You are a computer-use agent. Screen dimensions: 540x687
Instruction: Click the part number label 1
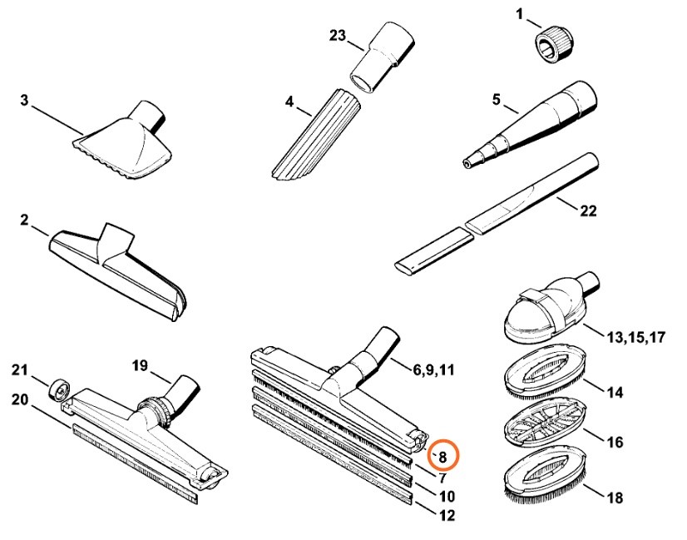click(x=520, y=13)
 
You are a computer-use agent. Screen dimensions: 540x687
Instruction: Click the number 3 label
click(x=24, y=101)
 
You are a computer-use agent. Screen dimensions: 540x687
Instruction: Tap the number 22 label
click(x=587, y=211)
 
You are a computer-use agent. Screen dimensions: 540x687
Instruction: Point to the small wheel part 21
click(x=59, y=389)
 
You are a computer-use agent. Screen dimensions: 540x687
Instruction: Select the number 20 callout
click(x=20, y=399)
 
